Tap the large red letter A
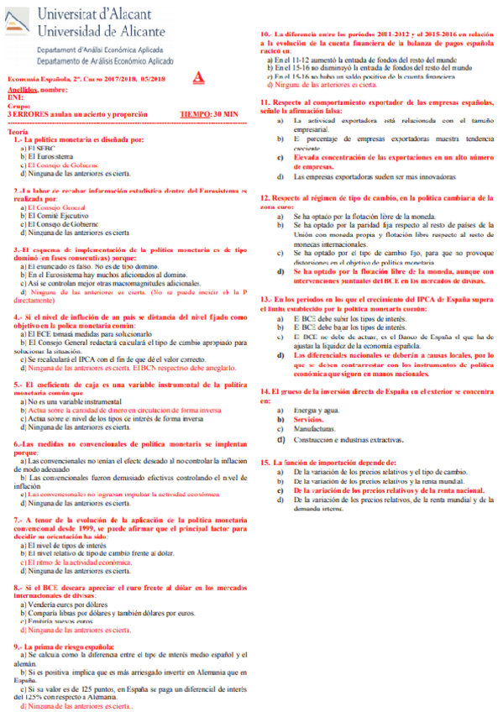coord(198,78)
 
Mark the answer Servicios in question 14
coord(309,417)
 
